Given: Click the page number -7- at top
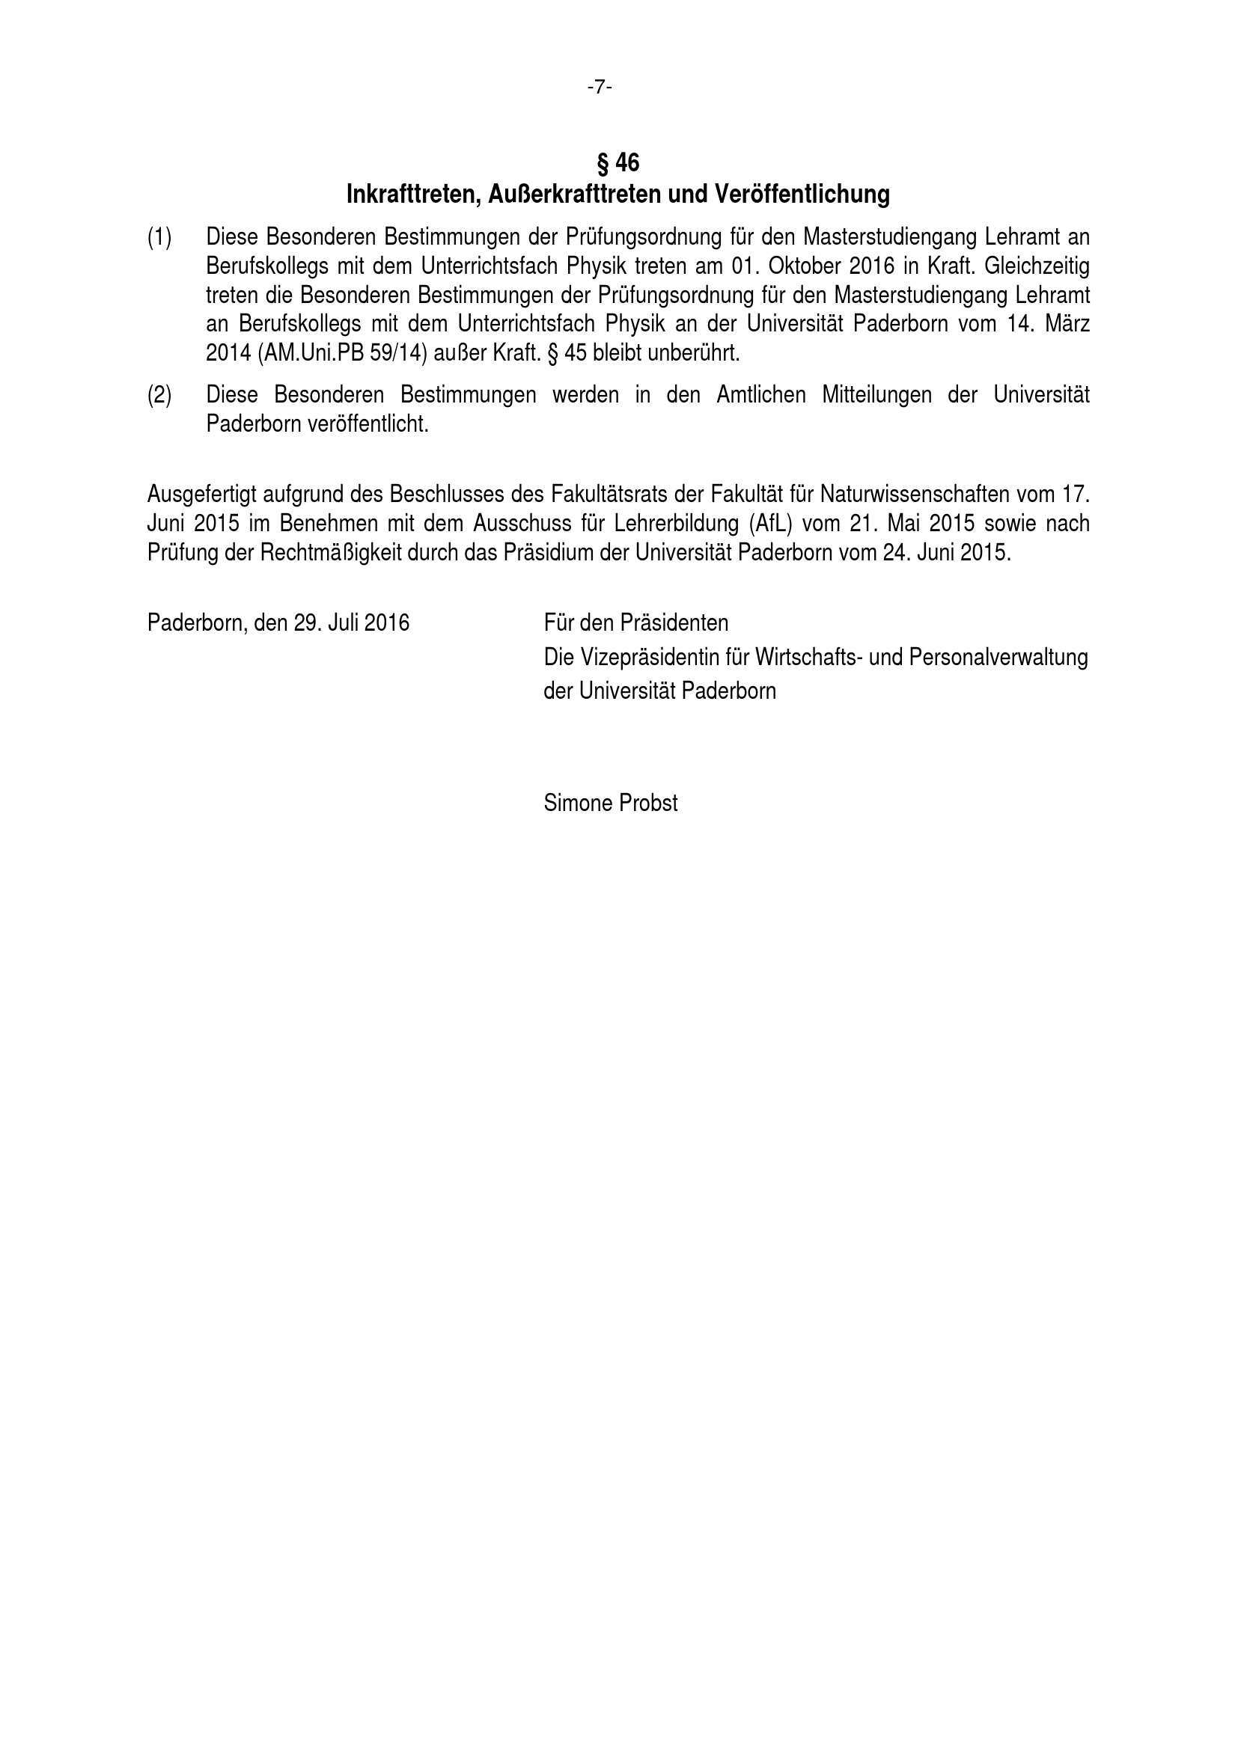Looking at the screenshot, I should point(600,88).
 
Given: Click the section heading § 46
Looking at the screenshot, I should point(618,162).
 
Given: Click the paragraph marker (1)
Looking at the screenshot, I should point(159,238).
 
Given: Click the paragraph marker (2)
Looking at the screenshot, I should point(159,395).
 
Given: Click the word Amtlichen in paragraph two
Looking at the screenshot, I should point(760,395).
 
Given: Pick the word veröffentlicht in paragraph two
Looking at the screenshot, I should point(368,423).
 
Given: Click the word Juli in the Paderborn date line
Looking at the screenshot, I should point(344,623).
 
